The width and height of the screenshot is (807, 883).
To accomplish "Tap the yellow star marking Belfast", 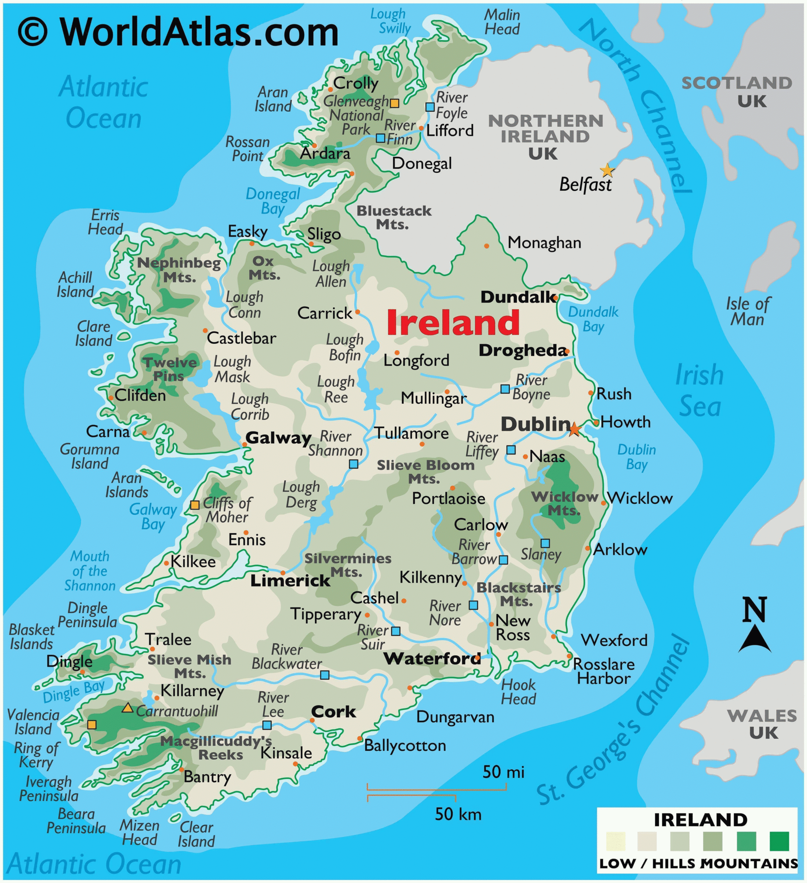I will pyautogui.click(x=607, y=170).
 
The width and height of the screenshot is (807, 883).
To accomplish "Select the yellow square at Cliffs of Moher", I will pyautogui.click(x=195, y=505).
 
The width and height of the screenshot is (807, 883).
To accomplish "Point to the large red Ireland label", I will pyautogui.click(x=453, y=323).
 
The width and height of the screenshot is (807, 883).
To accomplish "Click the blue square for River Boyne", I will pyautogui.click(x=505, y=388).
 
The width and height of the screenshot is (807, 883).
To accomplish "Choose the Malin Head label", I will pyautogui.click(x=502, y=22).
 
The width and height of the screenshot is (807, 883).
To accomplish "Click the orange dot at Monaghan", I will pyautogui.click(x=486, y=246).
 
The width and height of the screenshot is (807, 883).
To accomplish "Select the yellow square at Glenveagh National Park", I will pyautogui.click(x=394, y=103).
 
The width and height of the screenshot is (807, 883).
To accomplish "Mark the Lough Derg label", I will pyautogui.click(x=301, y=494).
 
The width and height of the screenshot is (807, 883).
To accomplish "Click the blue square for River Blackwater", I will pyautogui.click(x=324, y=675).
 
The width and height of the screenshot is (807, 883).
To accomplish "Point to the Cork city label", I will pyautogui.click(x=333, y=712).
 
